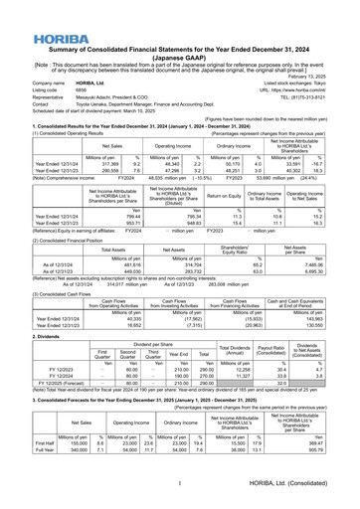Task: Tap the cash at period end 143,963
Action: coord(326,318)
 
